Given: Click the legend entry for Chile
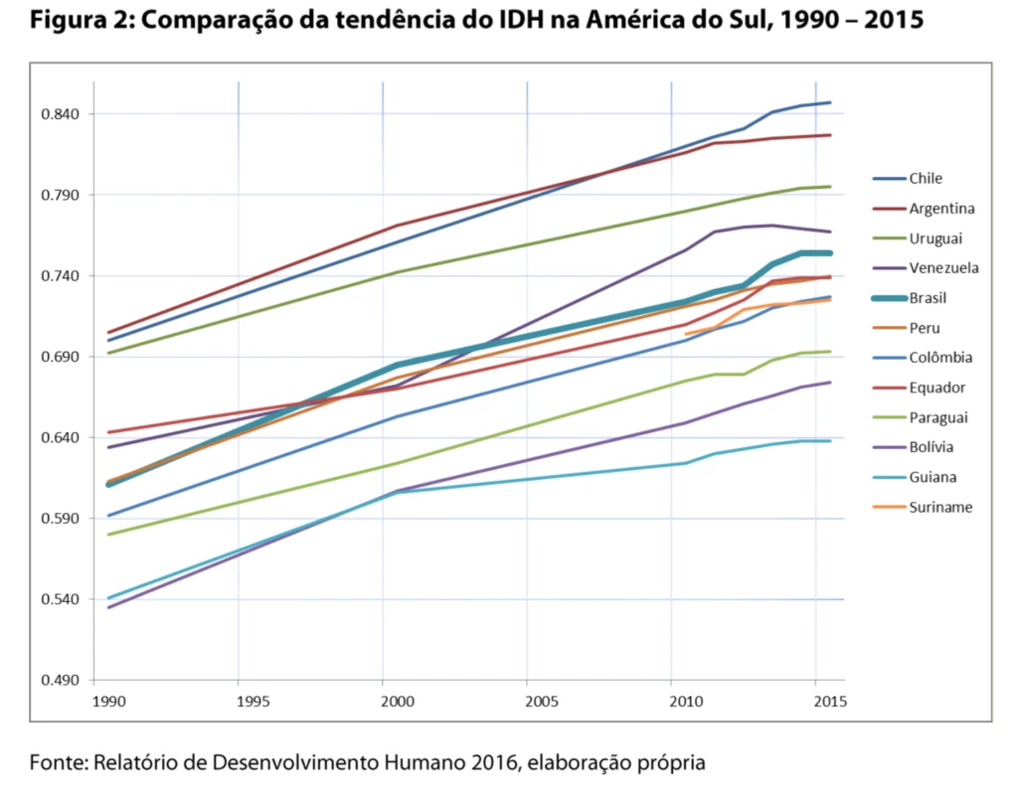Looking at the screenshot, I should coord(925,179).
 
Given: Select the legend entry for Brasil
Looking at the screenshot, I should coord(927,298).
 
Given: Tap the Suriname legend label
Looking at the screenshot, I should coord(940,507).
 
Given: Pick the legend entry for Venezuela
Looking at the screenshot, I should coord(943,268).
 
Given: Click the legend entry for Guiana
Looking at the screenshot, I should coord(932,477).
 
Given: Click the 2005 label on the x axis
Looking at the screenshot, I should coord(541,702).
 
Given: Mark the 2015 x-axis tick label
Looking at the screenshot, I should coord(830,702).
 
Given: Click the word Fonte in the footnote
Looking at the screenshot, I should coord(58,763).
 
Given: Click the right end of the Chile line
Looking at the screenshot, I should coord(831,102).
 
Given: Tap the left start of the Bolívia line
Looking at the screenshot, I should coord(107,607).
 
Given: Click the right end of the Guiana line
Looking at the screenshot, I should coord(831,441).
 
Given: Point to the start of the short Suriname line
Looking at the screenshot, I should coord(685,334).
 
